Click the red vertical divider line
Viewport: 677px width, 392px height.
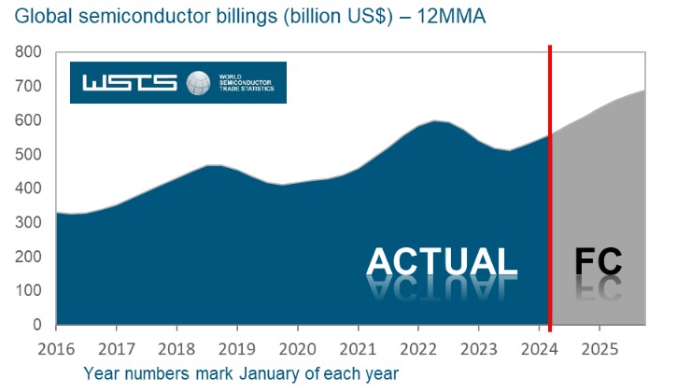pos(550,187)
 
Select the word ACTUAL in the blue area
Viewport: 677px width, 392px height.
pos(442,262)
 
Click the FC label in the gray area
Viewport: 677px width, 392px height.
pos(597,262)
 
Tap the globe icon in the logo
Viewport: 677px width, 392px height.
pos(198,82)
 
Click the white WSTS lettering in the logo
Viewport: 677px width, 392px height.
pos(130,82)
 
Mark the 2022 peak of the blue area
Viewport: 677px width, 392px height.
pos(435,120)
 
